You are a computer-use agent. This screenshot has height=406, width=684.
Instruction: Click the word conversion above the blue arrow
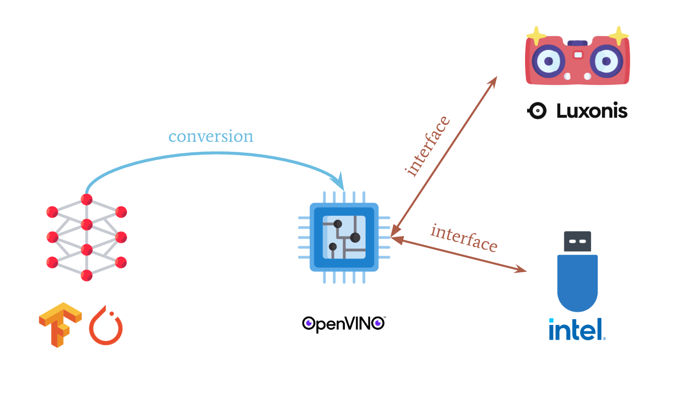(211, 137)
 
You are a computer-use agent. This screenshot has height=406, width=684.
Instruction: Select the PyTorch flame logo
(106, 326)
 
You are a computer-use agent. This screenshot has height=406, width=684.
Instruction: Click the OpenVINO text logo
(343, 323)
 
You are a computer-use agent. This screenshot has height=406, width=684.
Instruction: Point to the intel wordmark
(577, 330)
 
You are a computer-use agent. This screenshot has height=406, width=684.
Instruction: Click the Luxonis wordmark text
(592, 111)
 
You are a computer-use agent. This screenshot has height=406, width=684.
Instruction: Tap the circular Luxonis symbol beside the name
(537, 111)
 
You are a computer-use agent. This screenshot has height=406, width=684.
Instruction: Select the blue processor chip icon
(344, 237)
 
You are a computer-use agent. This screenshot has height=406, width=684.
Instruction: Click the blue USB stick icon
(577, 280)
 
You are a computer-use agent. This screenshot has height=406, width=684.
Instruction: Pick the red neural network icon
(86, 237)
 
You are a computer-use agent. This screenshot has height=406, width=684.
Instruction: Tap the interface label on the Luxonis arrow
(427, 146)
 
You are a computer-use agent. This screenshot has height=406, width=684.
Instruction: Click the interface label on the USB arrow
(464, 238)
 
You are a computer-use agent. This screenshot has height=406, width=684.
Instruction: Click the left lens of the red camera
(548, 61)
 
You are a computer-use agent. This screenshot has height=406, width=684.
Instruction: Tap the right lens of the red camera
(606, 61)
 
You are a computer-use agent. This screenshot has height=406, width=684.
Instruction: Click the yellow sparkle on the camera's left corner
(536, 36)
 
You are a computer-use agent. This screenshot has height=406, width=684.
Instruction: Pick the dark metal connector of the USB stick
(577, 241)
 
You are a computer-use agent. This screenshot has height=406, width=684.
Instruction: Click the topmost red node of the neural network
(86, 199)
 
